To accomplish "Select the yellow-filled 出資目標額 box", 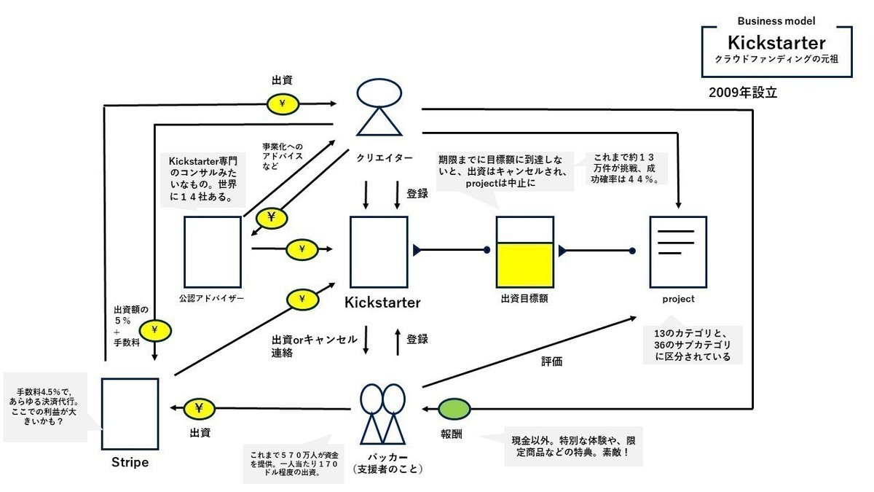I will (525, 251).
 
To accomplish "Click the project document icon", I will (678, 251).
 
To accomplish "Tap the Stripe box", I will (130, 414).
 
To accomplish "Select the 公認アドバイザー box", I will (212, 251).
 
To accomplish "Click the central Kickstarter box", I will (379, 251).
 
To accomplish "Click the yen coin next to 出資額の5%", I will (155, 331).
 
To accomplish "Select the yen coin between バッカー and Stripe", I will (199, 409).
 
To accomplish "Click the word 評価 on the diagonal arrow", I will (551, 362).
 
